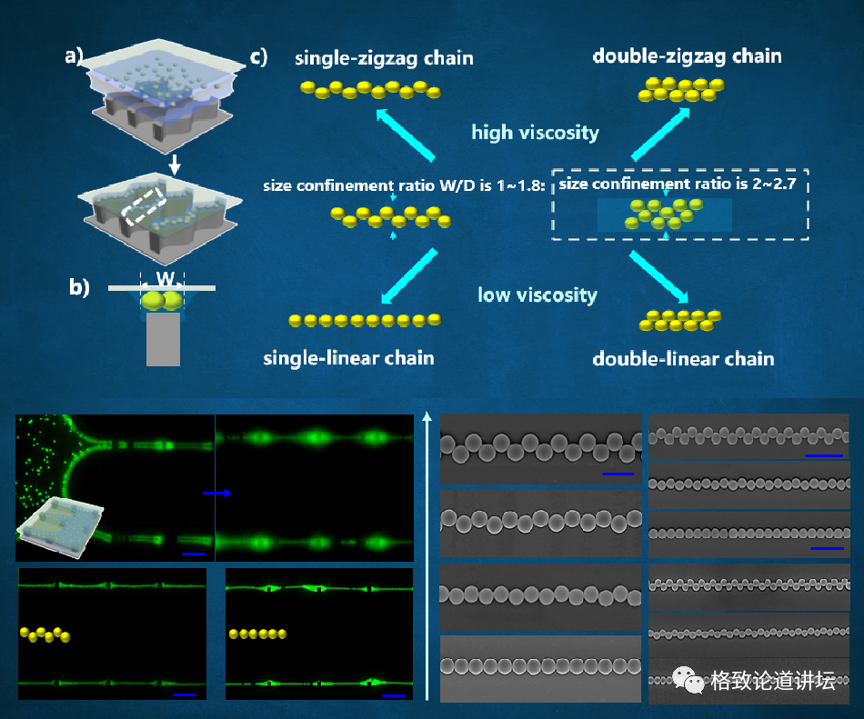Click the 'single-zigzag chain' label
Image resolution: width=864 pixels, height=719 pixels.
(384, 59)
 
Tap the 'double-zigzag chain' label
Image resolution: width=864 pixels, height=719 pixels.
(687, 56)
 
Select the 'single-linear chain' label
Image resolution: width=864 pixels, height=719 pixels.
(348, 357)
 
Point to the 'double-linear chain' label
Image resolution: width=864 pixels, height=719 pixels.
(683, 358)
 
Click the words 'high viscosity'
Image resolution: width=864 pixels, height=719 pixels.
(535, 133)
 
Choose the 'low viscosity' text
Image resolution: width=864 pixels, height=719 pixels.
(537, 295)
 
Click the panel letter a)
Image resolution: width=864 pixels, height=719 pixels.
(74, 56)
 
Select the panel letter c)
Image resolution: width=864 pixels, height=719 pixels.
(258, 57)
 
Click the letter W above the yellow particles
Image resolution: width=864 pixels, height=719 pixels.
(163, 277)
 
